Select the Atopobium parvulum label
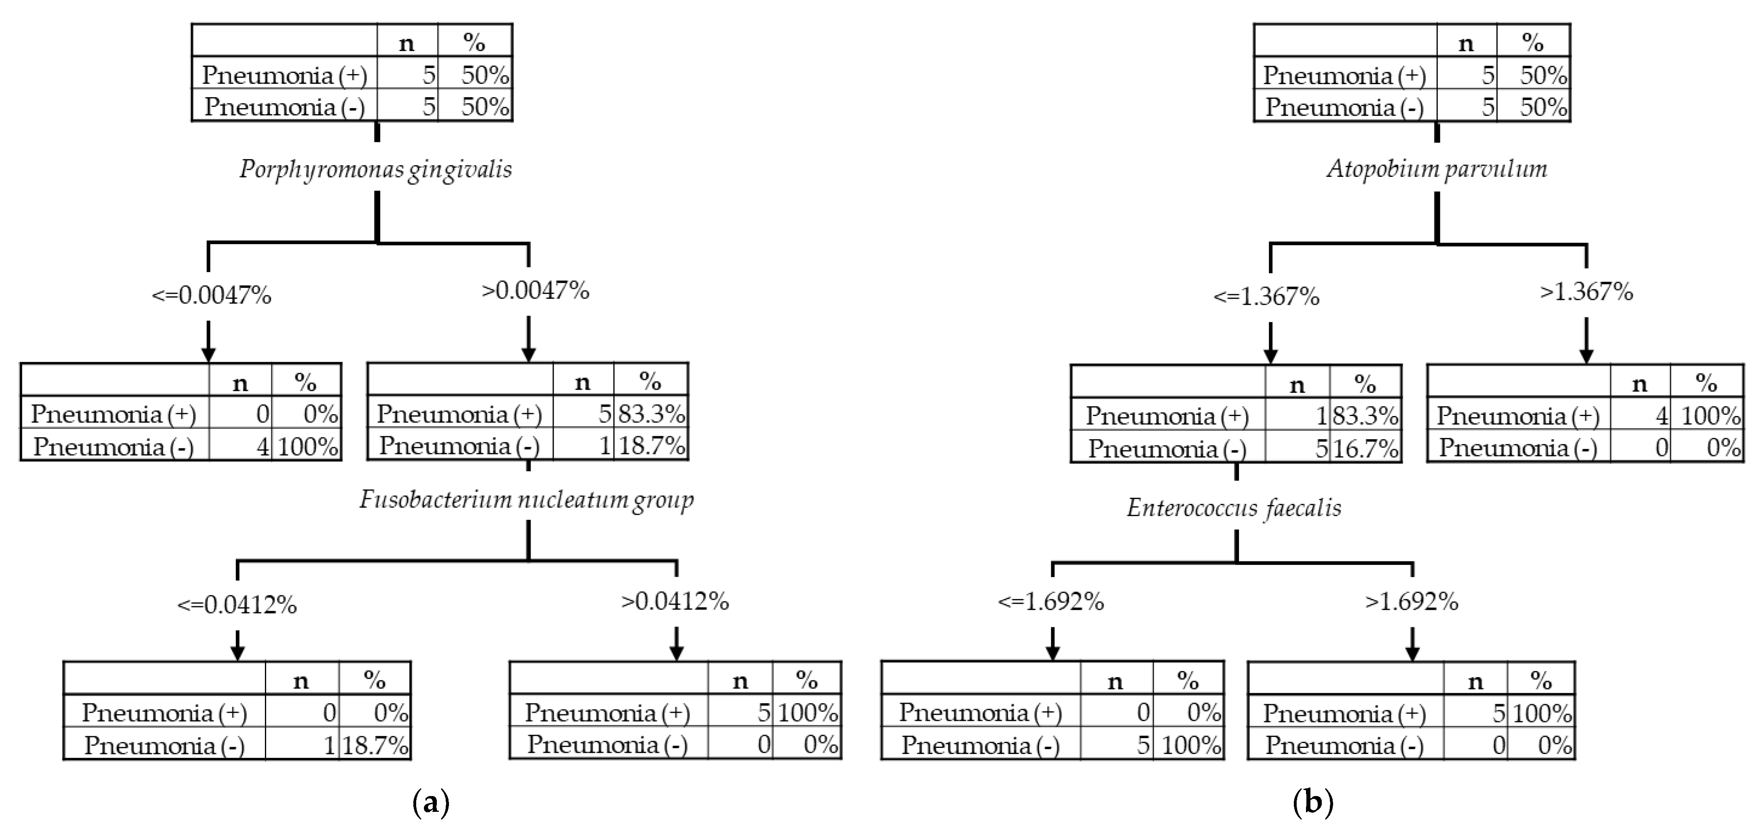1437,169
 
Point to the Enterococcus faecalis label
1234,508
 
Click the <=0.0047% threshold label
211,295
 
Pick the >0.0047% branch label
535,291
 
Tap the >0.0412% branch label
675,601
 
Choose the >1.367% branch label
1586,292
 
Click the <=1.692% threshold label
1051,602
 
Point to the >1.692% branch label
1412,602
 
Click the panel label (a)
432,801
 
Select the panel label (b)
1313,801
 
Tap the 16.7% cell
1365,448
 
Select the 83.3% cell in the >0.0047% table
651,414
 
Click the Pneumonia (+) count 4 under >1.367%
1661,416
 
